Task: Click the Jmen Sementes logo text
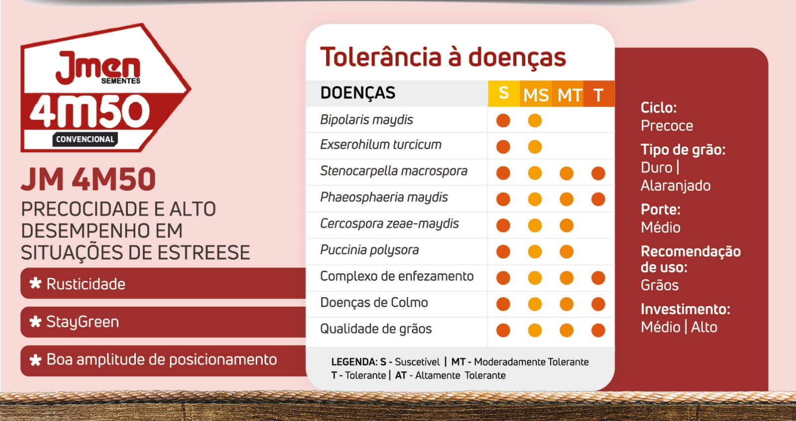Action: coord(98,68)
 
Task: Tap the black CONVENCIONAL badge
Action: coord(85,139)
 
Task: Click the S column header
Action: coord(503,93)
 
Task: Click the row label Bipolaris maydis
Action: coord(366,120)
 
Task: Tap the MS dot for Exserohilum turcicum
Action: coord(535,147)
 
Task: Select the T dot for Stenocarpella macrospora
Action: coord(598,173)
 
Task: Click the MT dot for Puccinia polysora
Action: coord(567,252)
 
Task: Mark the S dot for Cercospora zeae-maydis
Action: coord(503,225)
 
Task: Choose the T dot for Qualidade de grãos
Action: coord(598,330)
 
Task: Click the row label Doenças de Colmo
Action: coord(374,303)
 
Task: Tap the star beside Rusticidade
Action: coord(35,284)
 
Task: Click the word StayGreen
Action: coord(83,322)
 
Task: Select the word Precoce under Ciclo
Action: coord(667,126)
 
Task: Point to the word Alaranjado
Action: coord(676,186)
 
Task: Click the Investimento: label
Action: coord(685,309)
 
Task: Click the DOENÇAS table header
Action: coord(358,93)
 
